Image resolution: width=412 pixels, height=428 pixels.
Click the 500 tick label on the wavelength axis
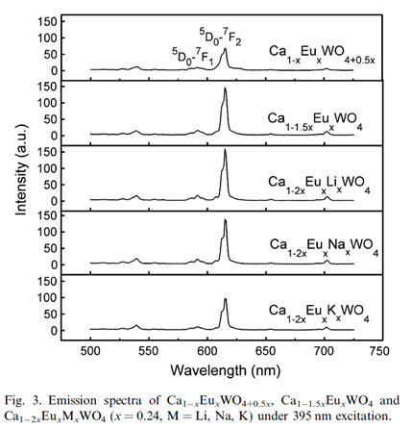pos(90,351)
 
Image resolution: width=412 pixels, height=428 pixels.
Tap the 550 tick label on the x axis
pos(149,351)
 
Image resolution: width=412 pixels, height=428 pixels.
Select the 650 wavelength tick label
pos(266,351)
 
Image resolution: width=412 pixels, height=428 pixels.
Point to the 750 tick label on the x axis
pos(380,351)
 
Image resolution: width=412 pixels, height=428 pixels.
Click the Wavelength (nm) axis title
pos(226,370)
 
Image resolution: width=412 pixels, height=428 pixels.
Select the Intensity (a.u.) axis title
pos(22,169)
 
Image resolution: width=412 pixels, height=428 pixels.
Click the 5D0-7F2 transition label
pos(221,38)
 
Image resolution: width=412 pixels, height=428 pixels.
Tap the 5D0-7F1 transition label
pos(193,56)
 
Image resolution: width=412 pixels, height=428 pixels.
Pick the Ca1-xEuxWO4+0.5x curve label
pos(322,55)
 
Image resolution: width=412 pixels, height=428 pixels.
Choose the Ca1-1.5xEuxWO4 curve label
pos(315,122)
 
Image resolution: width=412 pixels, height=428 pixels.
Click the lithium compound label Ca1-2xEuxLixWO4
pos(319,186)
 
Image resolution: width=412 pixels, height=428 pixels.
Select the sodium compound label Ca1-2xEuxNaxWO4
pos(324,248)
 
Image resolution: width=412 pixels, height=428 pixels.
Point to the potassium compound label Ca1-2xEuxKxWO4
pos(319,314)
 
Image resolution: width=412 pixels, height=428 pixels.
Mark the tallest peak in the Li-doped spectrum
pos(225,149)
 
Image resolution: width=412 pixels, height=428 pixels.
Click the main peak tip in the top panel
pos(226,49)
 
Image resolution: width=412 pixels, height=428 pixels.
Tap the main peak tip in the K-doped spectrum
pos(226,299)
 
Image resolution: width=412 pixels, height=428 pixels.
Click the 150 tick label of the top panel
pos(47,22)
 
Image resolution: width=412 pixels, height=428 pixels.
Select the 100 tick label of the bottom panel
pos(47,298)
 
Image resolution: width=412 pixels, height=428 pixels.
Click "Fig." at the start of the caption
pos(14,401)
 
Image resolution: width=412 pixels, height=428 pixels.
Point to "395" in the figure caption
pos(302,416)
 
